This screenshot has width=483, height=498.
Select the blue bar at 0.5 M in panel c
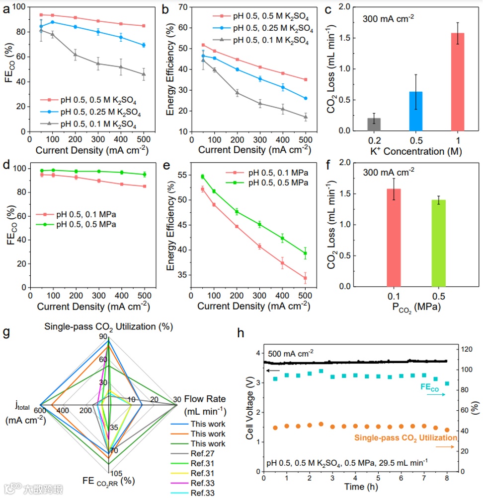[x=415, y=111]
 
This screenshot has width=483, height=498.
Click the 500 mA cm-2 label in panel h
[x=291, y=354]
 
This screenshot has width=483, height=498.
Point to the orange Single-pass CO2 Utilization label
[x=405, y=437]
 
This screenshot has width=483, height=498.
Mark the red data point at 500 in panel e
[x=305, y=278]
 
